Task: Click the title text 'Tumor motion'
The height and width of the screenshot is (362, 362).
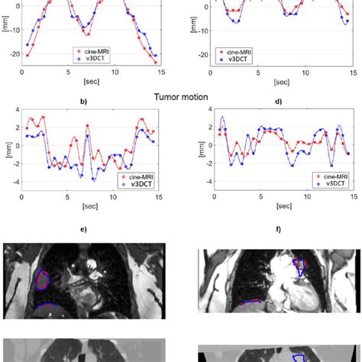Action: pos(180,97)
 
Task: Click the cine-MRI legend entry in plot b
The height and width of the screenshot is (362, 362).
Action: pos(137,176)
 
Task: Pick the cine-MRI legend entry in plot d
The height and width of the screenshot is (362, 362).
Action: pos(325,176)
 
